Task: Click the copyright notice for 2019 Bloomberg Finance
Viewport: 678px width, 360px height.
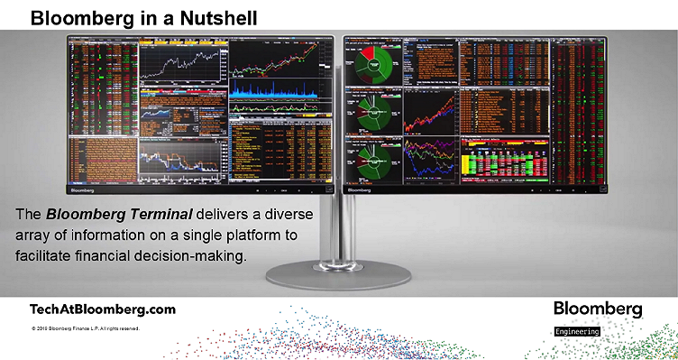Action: pyautogui.click(x=85, y=328)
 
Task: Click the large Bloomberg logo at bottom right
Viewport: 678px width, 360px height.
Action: pyautogui.click(x=598, y=309)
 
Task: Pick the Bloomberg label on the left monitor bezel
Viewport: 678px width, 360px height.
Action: pyautogui.click(x=83, y=191)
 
